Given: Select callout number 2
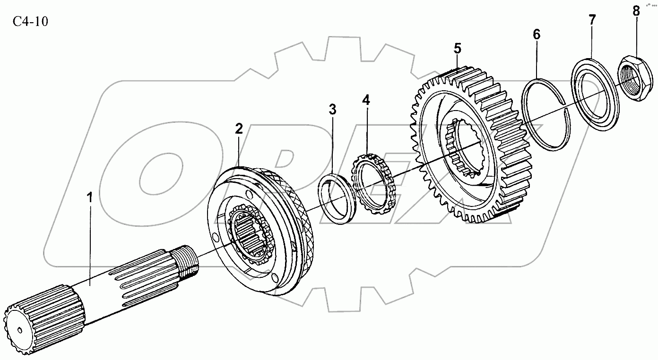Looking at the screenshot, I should tap(239, 128).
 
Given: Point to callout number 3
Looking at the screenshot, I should tap(333, 110).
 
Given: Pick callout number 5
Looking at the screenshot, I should tap(457, 48).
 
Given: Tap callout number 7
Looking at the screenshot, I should tap(592, 20).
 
